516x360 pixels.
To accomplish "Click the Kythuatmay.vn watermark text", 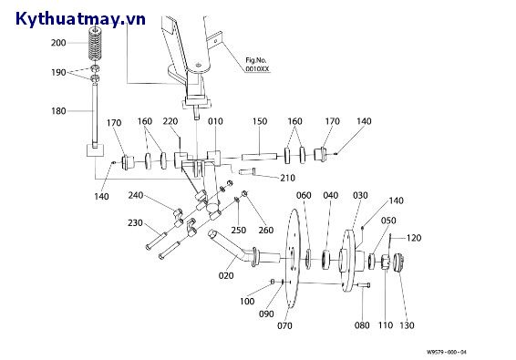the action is [80, 19].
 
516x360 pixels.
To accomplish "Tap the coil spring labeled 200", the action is [96, 45].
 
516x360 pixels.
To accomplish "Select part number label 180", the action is [58, 111].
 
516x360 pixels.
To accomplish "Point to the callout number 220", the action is [170, 121].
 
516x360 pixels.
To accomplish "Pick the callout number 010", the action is [215, 121].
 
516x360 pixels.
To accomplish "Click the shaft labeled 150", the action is [259, 157].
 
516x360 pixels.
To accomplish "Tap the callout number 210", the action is [287, 178].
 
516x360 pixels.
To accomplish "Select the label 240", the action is [136, 195].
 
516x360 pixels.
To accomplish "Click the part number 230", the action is [135, 223].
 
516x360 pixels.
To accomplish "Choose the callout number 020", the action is [226, 275].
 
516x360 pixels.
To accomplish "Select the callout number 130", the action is [407, 325].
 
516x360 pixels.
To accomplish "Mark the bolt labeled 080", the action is [362, 285].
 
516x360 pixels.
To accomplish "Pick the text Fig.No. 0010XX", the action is [257, 65].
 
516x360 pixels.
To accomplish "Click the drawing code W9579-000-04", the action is [447, 352].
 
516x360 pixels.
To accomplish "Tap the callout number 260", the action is [266, 230].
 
